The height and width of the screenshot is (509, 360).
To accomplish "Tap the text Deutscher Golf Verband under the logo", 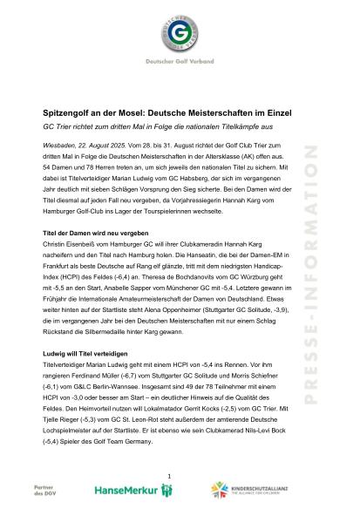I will (x=180, y=75).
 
